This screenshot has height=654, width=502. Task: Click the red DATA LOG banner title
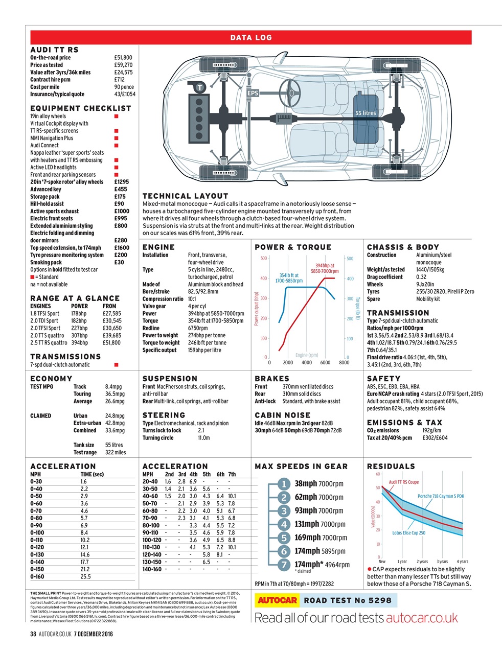pos(251,37)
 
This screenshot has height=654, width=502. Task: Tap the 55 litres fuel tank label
pos(366,113)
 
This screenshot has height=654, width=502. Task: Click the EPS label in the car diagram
pos(253,94)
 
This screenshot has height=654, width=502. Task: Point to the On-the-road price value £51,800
pos(123,58)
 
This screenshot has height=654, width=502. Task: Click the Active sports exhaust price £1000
pos(122,211)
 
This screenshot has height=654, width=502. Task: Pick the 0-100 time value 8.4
pos(84,532)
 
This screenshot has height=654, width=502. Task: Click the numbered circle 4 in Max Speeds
pos(284,524)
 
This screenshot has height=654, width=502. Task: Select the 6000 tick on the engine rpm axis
pos(325,362)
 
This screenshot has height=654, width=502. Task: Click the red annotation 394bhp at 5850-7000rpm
pos(325,268)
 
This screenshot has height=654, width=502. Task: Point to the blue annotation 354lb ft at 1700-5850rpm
pos(289,278)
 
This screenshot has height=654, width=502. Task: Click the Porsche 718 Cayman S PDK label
pos(441,496)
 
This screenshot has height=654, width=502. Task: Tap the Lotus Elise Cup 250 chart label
pos(408,533)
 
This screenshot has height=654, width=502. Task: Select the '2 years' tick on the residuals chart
pos(422,562)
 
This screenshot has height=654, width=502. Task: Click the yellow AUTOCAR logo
pos(277,600)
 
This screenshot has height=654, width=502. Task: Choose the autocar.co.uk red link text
pos(422,618)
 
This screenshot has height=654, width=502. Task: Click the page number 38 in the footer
pos(33,634)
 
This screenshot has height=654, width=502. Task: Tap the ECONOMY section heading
pos(51,379)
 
